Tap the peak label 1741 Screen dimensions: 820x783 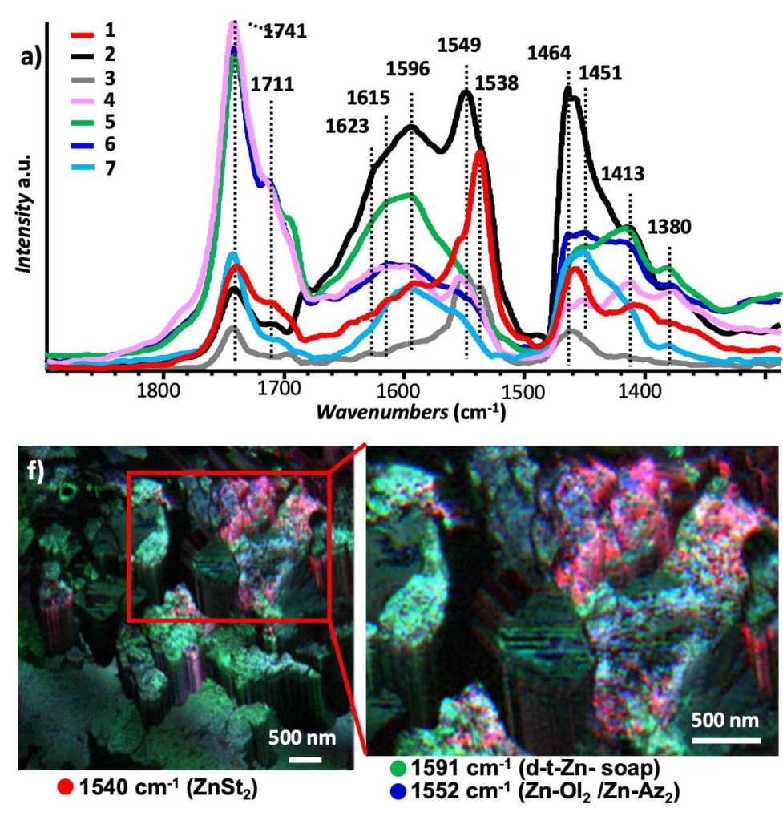[x=285, y=31]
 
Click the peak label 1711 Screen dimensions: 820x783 [x=272, y=83]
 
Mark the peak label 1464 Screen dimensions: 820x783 [x=549, y=54]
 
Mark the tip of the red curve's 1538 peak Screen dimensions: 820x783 [x=479, y=152]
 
